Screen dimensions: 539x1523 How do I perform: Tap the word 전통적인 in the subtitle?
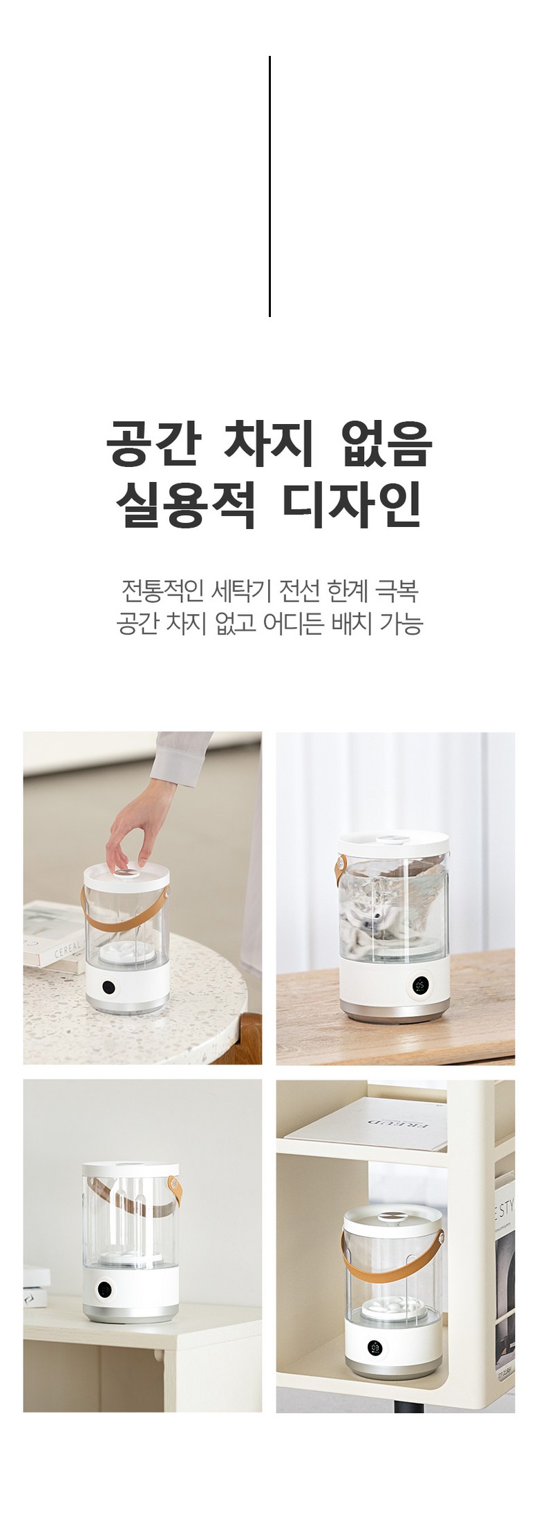point(162,591)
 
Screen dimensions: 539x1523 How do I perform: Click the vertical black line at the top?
point(269,186)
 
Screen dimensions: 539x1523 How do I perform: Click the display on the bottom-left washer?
point(106,1290)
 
